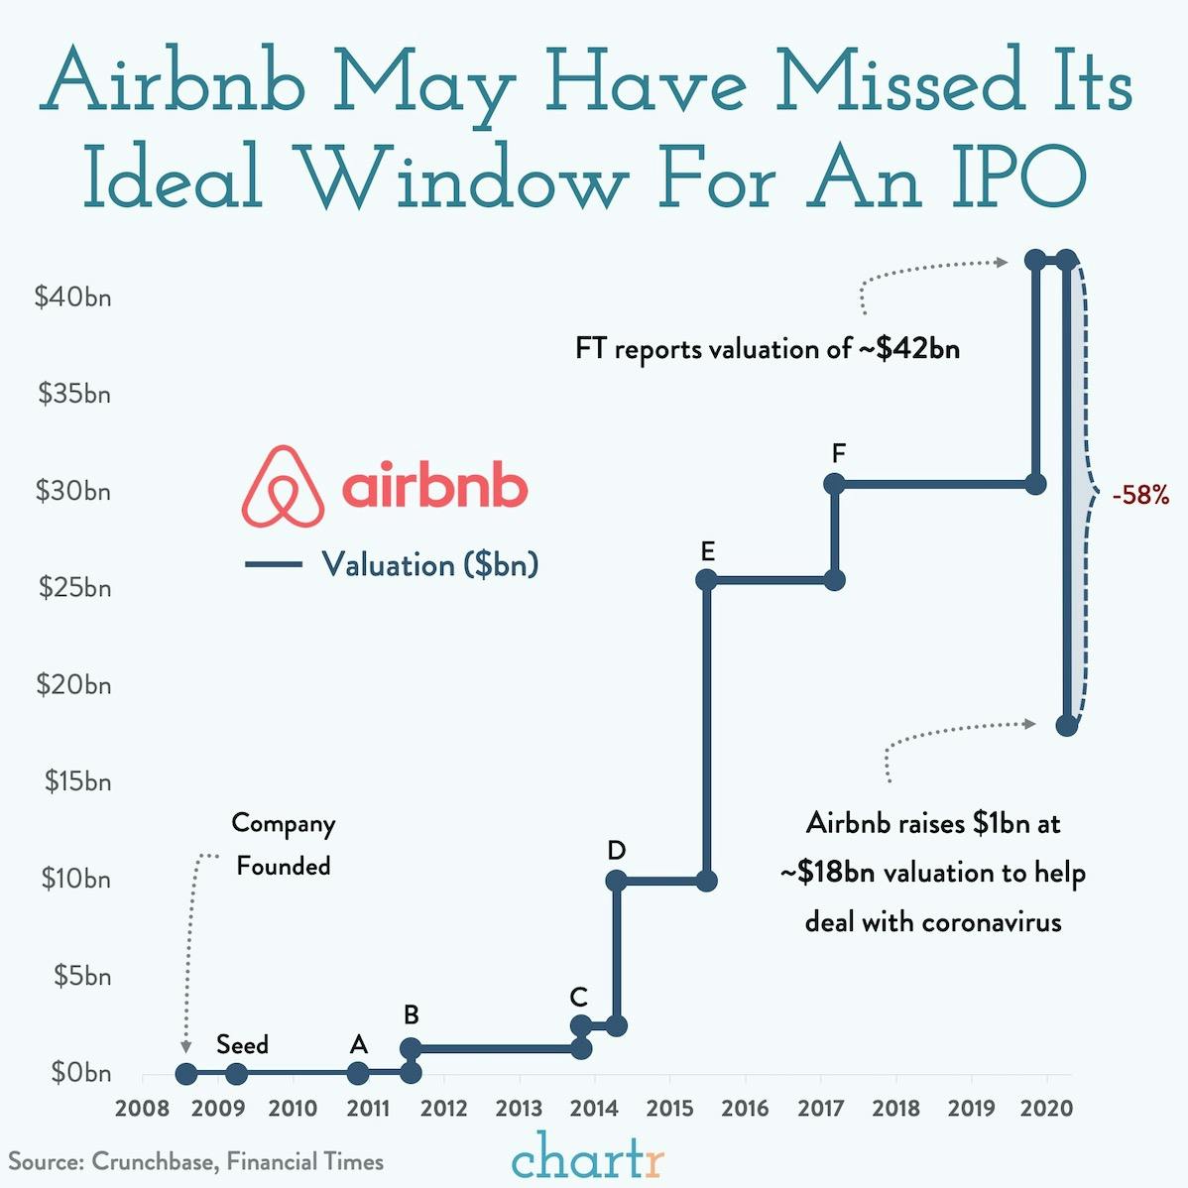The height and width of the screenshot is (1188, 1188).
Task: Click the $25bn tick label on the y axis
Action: click(74, 587)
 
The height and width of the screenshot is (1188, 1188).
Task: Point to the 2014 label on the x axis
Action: click(593, 1108)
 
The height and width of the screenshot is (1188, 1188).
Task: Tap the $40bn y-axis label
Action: click(72, 297)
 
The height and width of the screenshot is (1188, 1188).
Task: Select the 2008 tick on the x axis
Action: click(142, 1108)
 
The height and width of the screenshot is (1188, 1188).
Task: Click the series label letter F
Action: click(839, 453)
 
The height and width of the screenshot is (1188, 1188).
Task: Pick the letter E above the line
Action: click(706, 550)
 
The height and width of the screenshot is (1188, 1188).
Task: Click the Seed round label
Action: click(242, 1044)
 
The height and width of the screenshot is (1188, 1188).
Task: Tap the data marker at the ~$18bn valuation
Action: click(1066, 725)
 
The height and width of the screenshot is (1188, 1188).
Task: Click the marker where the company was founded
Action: click(185, 1073)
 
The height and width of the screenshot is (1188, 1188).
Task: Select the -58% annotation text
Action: click(1140, 494)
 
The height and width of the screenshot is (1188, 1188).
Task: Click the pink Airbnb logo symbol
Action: click(283, 486)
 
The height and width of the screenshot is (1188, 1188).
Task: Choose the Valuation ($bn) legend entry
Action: click(428, 564)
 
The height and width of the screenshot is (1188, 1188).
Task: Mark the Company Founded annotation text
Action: click(283, 844)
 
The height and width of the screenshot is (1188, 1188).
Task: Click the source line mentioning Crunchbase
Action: click(196, 1161)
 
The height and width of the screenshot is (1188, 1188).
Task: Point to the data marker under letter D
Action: click(615, 881)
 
